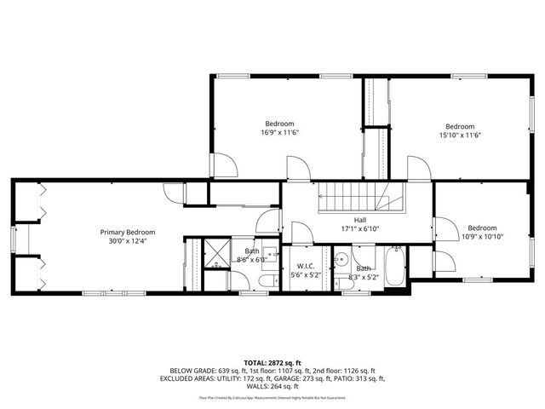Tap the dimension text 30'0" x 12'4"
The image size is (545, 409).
click(x=127, y=242)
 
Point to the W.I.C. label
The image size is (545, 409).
click(x=304, y=265)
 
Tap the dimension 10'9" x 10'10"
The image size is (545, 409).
click(x=481, y=238)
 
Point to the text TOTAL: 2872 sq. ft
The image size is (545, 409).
click(x=272, y=363)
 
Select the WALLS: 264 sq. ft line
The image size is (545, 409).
click(x=272, y=386)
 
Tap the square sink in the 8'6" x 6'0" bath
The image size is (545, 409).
click(x=268, y=252)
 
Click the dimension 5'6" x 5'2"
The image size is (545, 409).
click(x=304, y=275)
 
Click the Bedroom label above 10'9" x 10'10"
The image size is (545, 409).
click(x=481, y=228)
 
